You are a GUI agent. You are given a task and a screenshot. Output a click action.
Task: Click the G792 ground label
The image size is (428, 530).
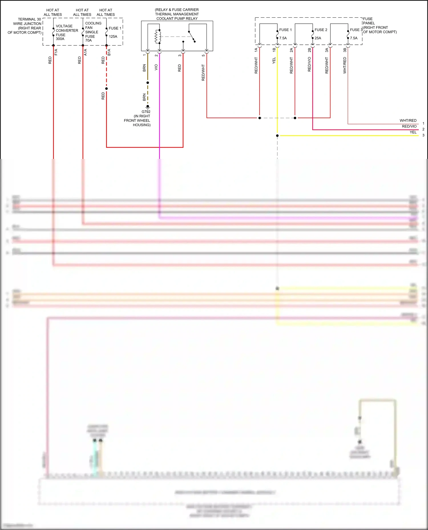(146, 112)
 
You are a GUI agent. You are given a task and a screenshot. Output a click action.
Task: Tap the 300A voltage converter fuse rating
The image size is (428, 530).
(60, 39)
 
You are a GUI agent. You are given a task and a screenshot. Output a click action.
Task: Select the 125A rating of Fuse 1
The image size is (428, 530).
(113, 36)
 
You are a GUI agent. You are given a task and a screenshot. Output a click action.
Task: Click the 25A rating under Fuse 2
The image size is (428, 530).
(318, 38)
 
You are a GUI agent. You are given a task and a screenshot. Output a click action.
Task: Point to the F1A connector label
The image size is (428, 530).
(56, 52)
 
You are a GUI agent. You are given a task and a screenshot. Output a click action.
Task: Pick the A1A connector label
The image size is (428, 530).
(85, 52)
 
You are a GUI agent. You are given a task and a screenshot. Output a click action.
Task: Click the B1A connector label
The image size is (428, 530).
(109, 52)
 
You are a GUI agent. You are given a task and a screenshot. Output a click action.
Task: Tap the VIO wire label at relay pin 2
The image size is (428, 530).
(156, 67)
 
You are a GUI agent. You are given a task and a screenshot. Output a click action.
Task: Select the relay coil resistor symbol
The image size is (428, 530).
(156, 36)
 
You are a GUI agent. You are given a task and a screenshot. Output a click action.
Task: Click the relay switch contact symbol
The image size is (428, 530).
(192, 36)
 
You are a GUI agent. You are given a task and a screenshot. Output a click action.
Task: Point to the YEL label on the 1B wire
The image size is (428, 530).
(274, 60)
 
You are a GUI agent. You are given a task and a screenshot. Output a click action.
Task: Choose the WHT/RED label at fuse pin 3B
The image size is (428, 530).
(345, 65)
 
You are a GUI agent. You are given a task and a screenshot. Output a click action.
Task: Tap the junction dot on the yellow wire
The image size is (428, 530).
(277, 136)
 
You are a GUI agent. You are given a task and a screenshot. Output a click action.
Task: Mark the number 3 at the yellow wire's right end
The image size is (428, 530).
(423, 135)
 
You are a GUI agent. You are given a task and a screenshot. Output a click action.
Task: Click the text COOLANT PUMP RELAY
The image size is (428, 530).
(177, 19)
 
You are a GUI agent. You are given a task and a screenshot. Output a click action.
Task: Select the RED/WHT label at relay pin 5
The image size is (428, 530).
(203, 72)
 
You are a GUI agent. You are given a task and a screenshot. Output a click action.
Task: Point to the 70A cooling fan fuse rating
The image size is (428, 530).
(88, 40)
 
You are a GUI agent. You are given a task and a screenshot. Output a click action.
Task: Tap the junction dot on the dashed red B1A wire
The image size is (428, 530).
(106, 89)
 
